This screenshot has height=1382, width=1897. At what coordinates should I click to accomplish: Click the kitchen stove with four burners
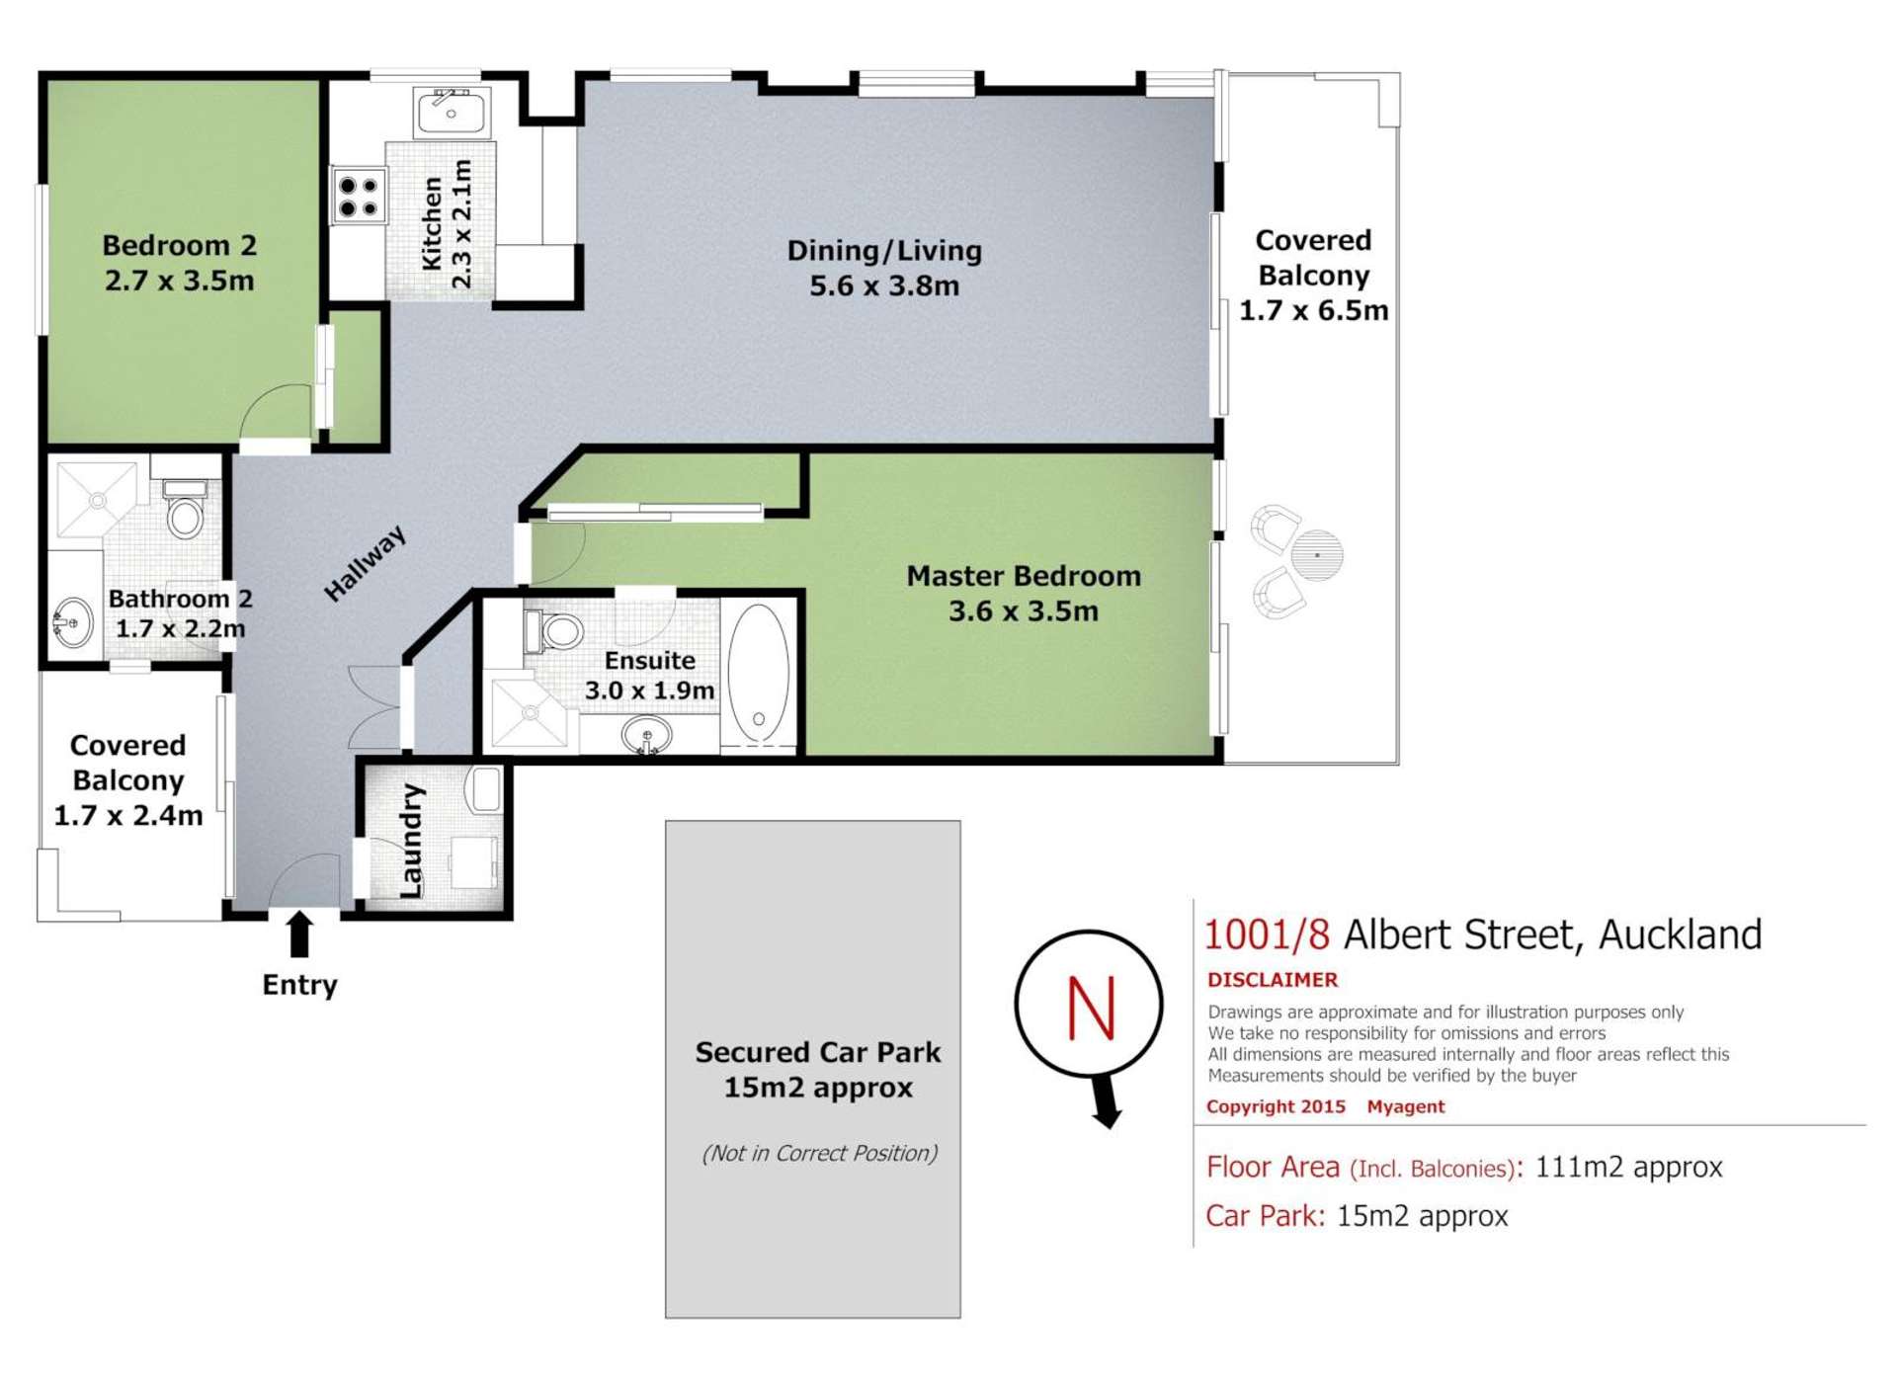click(359, 196)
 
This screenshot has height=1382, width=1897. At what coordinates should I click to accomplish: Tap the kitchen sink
click(452, 111)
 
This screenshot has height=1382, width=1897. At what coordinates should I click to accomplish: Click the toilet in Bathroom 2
click(185, 511)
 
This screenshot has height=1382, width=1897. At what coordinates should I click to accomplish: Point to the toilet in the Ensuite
click(556, 630)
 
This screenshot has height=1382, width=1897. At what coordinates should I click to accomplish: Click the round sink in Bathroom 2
click(72, 623)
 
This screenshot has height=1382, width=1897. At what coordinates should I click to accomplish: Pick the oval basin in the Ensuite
click(647, 736)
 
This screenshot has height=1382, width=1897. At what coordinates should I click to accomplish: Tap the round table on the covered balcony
click(1316, 554)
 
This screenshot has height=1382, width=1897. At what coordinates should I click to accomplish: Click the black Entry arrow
click(299, 934)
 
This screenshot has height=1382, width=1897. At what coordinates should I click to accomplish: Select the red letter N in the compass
click(1091, 1008)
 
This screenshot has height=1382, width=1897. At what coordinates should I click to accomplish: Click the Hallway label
click(365, 563)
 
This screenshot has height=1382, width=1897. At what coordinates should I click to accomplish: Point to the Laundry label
click(411, 841)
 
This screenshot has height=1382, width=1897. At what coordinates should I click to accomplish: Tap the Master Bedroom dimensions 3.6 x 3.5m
click(1023, 611)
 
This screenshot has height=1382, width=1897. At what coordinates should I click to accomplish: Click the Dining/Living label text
click(884, 251)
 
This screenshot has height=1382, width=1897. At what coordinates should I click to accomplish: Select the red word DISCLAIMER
click(1272, 980)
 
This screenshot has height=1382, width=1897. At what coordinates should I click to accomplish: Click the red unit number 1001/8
click(1267, 935)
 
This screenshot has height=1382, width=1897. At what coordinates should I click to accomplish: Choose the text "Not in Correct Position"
click(819, 1153)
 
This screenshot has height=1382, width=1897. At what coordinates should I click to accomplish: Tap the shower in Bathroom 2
click(97, 500)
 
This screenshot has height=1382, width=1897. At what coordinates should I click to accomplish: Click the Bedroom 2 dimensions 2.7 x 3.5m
click(179, 281)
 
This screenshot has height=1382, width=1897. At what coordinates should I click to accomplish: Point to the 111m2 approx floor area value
click(1628, 1167)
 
